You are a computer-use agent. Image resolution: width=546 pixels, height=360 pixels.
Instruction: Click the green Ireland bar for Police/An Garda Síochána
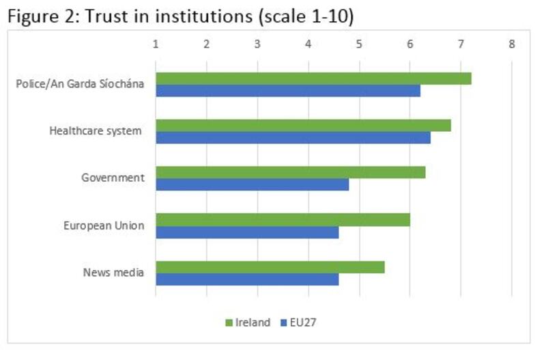[x=313, y=78]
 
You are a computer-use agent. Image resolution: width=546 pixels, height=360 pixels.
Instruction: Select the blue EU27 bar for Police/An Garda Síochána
[x=287, y=90]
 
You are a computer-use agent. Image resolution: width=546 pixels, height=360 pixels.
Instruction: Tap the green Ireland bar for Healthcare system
[x=303, y=125]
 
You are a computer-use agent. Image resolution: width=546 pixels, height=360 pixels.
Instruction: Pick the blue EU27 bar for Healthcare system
[x=293, y=137]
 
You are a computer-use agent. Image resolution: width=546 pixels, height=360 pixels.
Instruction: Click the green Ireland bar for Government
[x=290, y=172]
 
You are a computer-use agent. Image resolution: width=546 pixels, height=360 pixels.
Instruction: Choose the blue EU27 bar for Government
[x=252, y=184]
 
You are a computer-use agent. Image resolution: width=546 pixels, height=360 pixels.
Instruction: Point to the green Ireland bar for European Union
[x=283, y=219]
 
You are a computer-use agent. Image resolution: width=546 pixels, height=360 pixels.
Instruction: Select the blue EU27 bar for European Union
[x=247, y=232]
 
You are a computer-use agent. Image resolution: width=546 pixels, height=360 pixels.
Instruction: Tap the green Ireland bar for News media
[x=270, y=266]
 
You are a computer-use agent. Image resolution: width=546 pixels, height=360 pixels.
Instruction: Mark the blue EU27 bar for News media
[x=247, y=279]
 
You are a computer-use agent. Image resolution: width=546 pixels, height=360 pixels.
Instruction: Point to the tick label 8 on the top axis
[x=511, y=44]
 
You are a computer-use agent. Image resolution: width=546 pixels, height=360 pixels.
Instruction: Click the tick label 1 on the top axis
[x=156, y=44]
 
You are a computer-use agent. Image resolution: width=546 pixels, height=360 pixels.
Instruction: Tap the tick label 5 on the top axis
[x=359, y=44]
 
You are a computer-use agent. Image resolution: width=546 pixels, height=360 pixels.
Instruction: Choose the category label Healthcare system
[x=96, y=130]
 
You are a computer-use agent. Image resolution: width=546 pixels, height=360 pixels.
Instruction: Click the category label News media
[x=113, y=273]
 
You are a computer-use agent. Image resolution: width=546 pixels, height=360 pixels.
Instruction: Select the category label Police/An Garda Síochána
[x=80, y=84]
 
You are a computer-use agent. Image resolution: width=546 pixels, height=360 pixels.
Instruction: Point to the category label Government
[x=113, y=178]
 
